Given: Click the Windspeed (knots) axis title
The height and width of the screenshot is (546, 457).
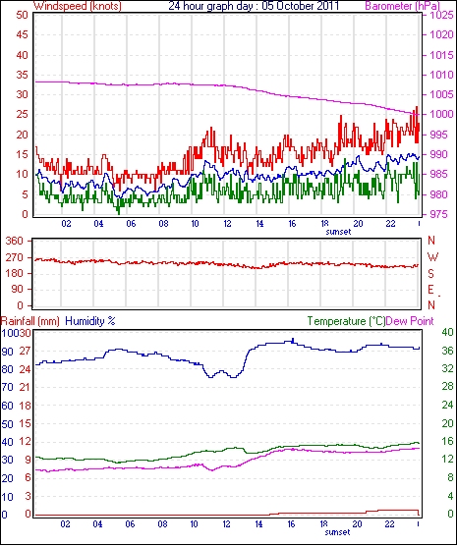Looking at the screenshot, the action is coord(78,6).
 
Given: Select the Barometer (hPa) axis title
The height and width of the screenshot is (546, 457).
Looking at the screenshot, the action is coord(403,6).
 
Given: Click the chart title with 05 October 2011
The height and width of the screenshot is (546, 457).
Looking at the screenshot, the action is coord(254,6).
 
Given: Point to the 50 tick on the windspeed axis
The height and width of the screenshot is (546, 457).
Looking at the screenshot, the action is coord(22,15).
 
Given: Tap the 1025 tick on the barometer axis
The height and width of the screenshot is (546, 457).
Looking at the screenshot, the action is coord(441,15).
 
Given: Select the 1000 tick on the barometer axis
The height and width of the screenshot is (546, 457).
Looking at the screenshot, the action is coord(441,114).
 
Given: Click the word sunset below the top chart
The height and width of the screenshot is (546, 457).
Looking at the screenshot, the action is coord(338,232).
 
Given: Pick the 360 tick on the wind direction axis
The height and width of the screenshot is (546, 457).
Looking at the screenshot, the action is coord(15,241).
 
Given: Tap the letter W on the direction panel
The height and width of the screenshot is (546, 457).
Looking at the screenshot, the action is coord(432,257).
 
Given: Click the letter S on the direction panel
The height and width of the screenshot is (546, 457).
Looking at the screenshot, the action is coord(431,274).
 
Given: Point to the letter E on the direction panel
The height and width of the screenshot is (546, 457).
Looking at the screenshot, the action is coord(431,290).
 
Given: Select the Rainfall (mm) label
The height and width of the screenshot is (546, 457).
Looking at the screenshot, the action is coord(30,321).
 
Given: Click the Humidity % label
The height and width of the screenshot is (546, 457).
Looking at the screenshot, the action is coord(90,321).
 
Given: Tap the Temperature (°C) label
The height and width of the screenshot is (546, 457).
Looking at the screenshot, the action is coord(346,321).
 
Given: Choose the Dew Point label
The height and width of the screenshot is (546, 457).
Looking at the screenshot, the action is coord(410,321).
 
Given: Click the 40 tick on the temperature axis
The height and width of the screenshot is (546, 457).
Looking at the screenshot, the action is coord(447,332).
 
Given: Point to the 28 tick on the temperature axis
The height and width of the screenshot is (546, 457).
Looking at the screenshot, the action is coord(447,387).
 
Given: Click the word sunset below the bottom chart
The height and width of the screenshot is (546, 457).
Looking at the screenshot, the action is coord(337,532).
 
